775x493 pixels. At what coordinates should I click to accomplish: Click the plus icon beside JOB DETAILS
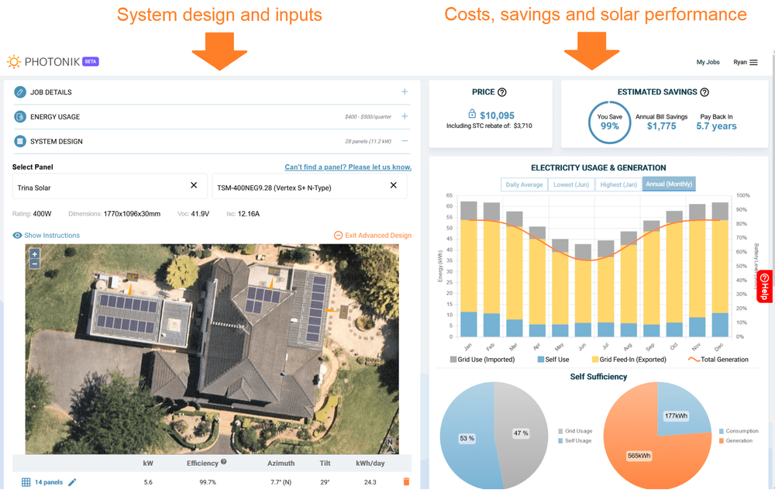[x=405, y=92]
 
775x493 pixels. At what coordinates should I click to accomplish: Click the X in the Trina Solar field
[x=194, y=186]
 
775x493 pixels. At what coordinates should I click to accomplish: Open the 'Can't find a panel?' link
[x=348, y=167]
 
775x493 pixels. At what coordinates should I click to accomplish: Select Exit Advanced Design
[x=373, y=236]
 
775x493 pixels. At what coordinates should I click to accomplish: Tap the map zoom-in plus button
[x=34, y=254]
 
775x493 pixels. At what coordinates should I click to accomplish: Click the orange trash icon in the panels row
[x=406, y=482]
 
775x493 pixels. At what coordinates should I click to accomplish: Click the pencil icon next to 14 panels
[x=73, y=482]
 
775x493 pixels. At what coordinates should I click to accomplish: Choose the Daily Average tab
[x=524, y=184]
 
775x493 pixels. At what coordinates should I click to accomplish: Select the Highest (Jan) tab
[x=618, y=184]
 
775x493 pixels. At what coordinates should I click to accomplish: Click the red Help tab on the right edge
[x=764, y=286]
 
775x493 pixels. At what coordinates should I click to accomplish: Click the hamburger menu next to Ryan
[x=753, y=63]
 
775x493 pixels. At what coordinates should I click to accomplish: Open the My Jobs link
[x=708, y=63]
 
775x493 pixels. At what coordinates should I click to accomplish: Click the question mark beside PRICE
[x=502, y=92]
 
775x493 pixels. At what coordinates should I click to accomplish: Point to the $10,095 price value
[x=497, y=115]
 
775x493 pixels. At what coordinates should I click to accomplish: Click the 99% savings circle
[x=609, y=122]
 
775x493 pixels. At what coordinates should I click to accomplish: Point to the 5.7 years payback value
[x=716, y=126]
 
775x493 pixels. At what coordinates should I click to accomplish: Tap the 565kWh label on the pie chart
[x=639, y=456]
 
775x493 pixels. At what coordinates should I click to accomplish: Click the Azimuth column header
[x=281, y=463]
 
